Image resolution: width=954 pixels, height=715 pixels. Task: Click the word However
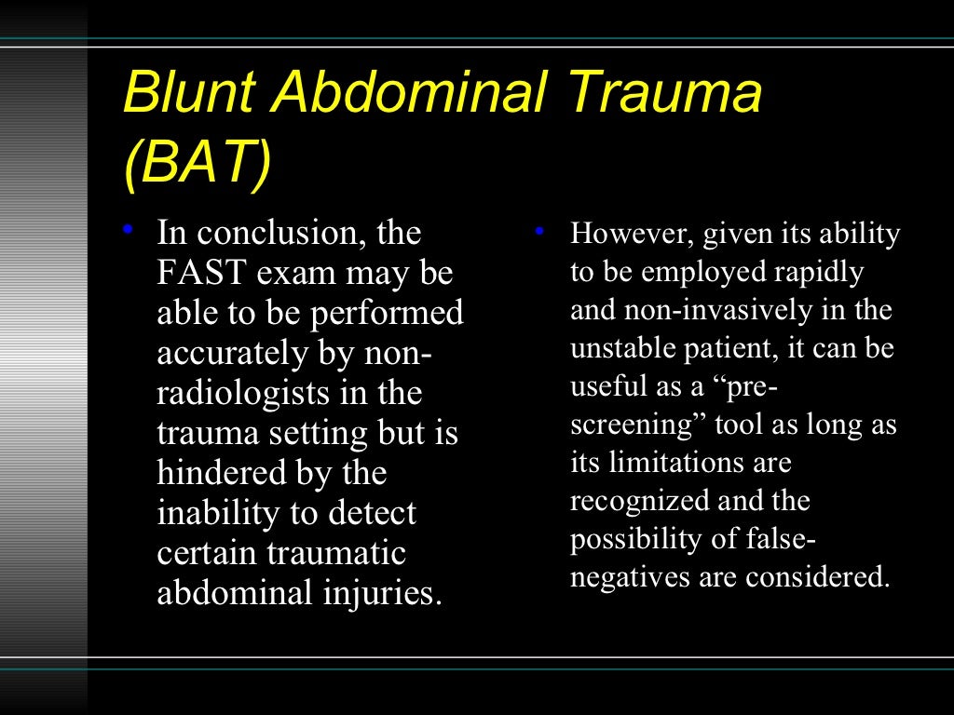(628, 234)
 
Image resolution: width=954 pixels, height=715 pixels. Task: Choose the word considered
(817, 578)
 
